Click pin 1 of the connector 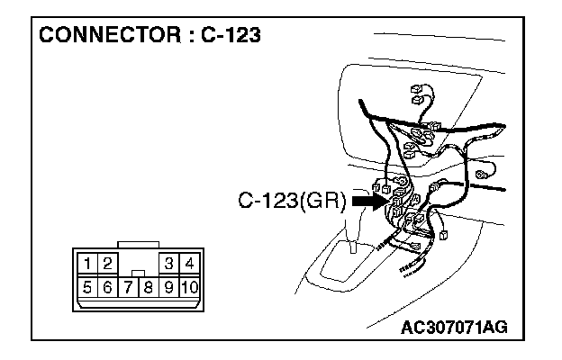87,264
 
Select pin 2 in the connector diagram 106,264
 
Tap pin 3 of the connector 168,264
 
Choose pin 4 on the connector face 189,264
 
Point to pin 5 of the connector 86,288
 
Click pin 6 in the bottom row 106,288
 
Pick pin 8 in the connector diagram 147,288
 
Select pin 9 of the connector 168,288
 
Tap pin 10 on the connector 189,288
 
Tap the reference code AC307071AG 453,326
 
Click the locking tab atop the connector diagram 138,243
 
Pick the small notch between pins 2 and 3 137,270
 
